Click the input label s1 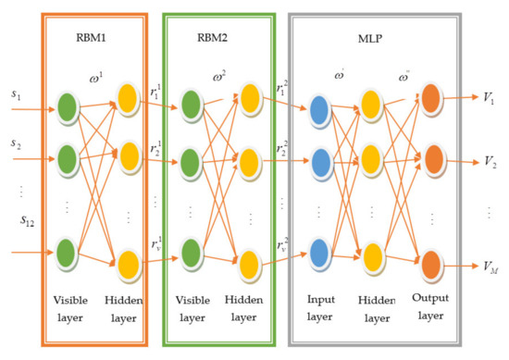pyautogui.click(x=15, y=96)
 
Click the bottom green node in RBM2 pyautogui.click(x=191, y=252)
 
